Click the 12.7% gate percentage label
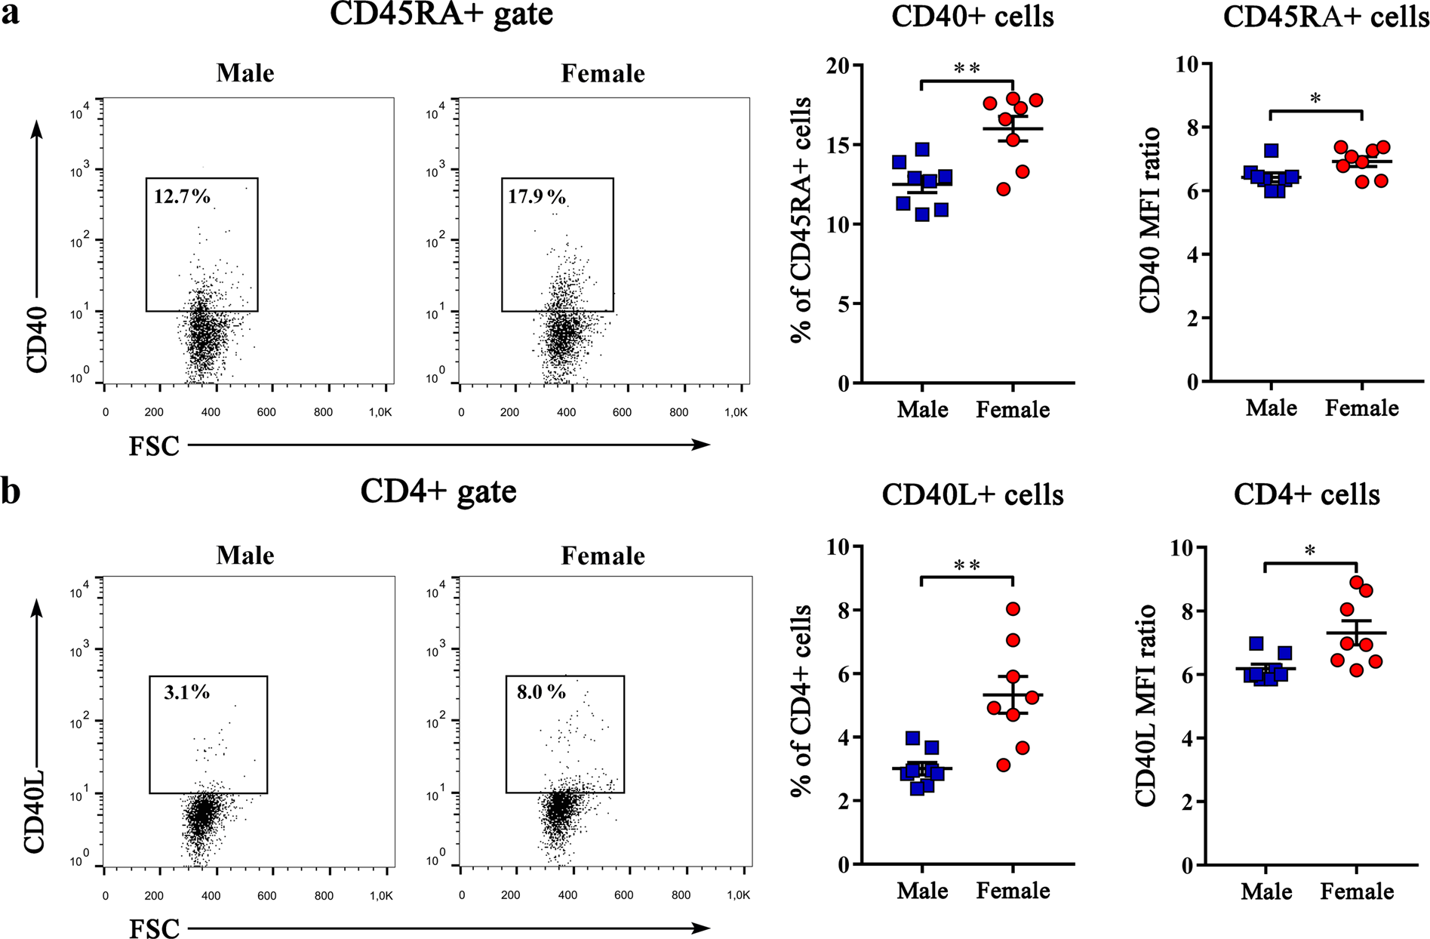[x=182, y=197]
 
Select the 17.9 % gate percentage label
[x=537, y=197]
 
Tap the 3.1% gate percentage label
[x=186, y=691]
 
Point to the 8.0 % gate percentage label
[x=541, y=691]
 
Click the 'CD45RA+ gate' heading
[x=441, y=15]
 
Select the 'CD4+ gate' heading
[x=438, y=491]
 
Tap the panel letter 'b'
[x=11, y=491]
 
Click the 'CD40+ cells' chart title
[x=973, y=17]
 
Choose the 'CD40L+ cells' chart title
[x=973, y=494]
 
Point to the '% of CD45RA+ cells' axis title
[x=802, y=220]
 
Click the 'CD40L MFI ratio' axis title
[x=1146, y=705]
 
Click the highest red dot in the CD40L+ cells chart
[x=1013, y=608]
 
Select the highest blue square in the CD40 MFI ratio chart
[x=1272, y=150]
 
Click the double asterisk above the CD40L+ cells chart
[x=967, y=566]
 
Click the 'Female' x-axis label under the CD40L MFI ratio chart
[x=1357, y=891]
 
